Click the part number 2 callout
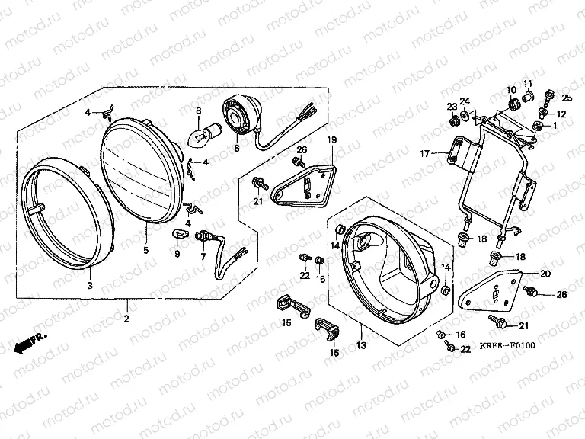coord(126,318)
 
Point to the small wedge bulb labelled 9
coord(181,234)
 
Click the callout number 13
coord(360,346)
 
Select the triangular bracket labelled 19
coord(305,182)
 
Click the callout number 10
coord(513,90)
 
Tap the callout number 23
coord(452,106)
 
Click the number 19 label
coord(331,140)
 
